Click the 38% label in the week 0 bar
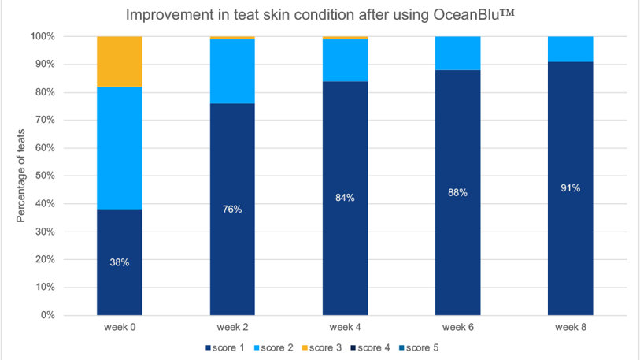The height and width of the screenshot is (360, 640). [x=120, y=262]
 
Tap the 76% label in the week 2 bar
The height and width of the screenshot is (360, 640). [x=232, y=209]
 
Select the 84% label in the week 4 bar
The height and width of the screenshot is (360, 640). [x=345, y=198]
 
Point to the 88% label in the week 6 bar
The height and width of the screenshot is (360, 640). [x=457, y=192]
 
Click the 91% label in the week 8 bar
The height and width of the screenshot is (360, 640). [x=570, y=188]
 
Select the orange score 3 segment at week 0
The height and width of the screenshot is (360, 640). [x=120, y=61]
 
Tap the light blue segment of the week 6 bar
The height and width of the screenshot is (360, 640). [x=457, y=54]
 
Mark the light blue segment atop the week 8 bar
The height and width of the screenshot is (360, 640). [x=570, y=49]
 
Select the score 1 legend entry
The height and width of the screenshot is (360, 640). [x=228, y=347]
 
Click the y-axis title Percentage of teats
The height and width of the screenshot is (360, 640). [x=21, y=176]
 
